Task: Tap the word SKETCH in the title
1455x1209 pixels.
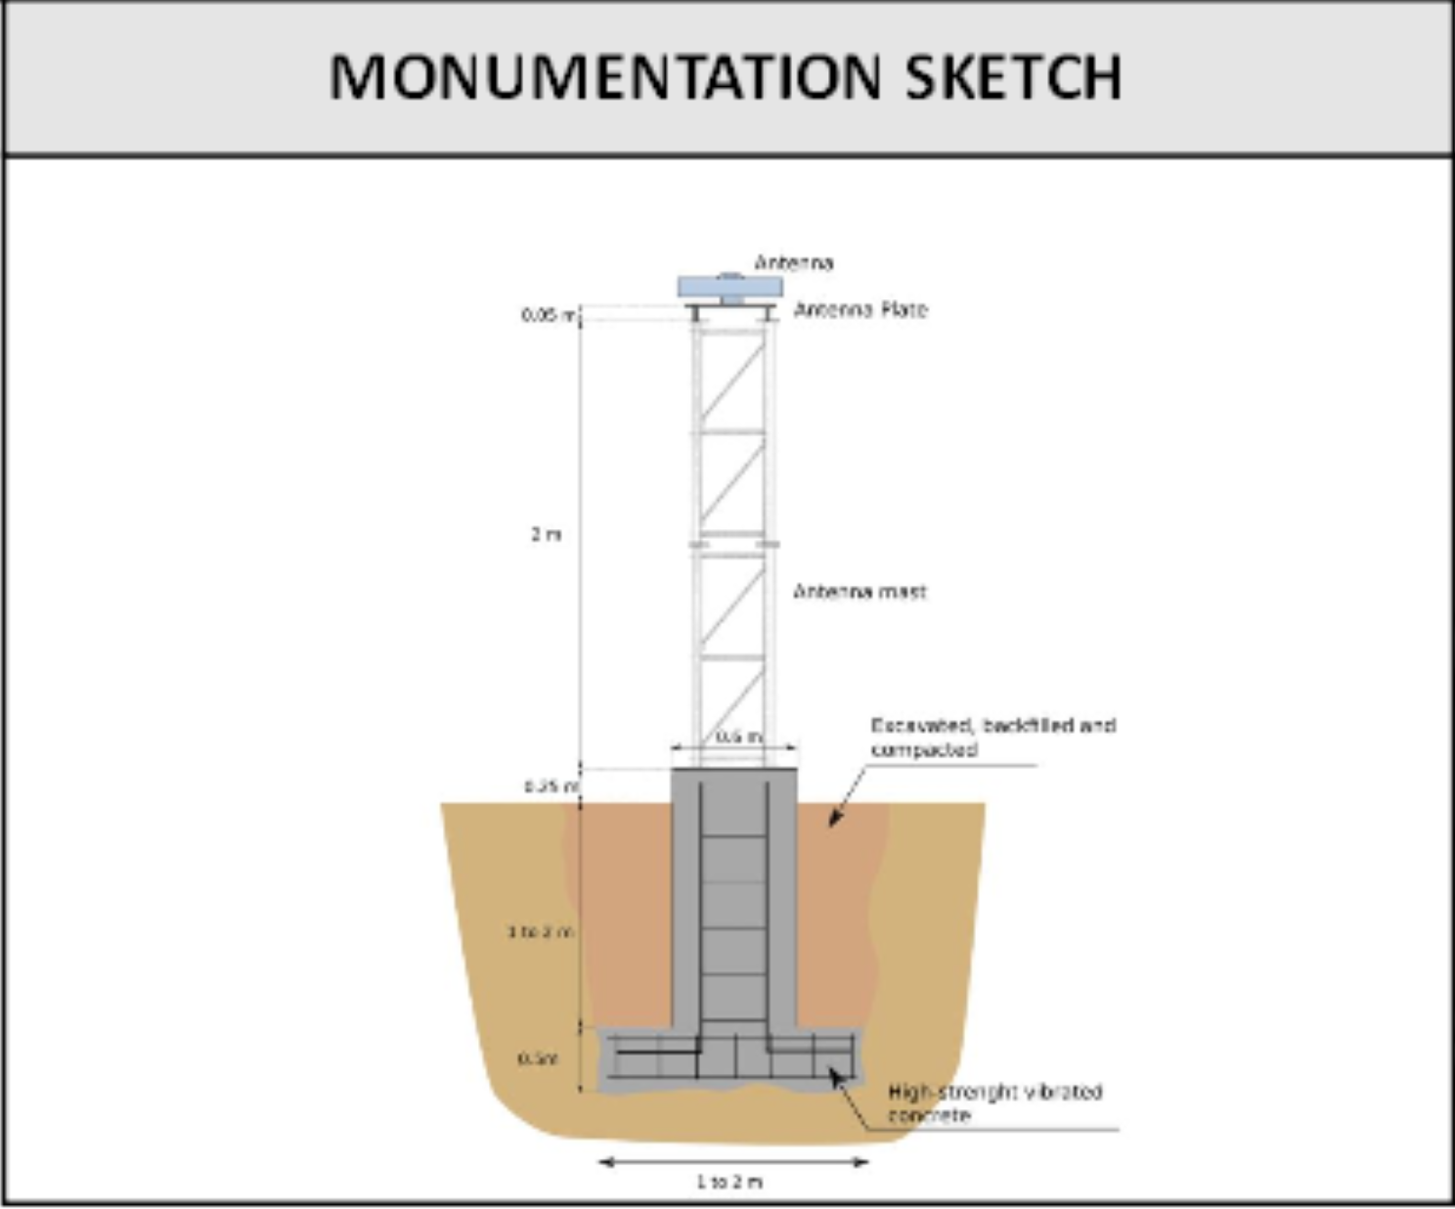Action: [x=1013, y=77]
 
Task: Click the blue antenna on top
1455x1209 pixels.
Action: [x=729, y=288]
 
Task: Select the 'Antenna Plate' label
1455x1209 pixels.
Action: [x=860, y=310]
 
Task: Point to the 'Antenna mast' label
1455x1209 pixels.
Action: [x=859, y=592]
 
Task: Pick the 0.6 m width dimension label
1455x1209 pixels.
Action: [x=738, y=737]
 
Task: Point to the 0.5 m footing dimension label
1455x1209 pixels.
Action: [x=538, y=1058]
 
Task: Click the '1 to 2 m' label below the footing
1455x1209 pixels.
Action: [x=729, y=1182]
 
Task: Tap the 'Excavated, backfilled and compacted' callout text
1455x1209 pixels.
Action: [x=992, y=738]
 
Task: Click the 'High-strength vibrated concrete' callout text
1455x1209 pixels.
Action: [x=993, y=1103]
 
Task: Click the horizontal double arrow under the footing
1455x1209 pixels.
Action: [x=733, y=1162]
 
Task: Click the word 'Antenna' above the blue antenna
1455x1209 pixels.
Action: [x=793, y=262]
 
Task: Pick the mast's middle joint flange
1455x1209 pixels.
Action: [x=733, y=543]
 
